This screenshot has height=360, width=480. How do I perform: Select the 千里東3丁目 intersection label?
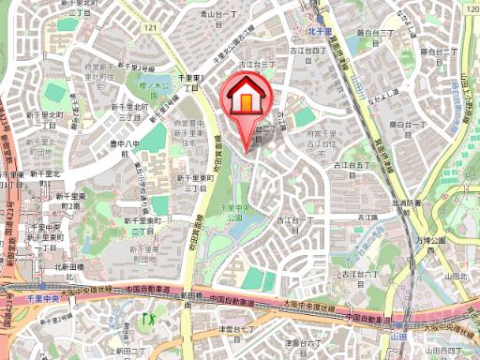191,81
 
